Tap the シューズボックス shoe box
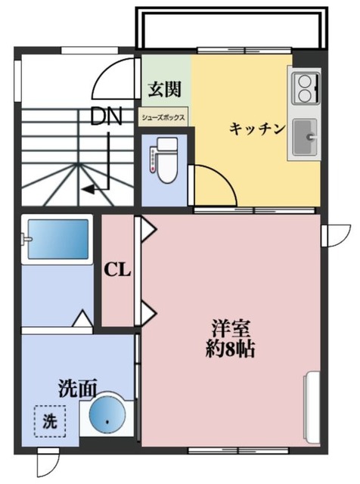[164, 118]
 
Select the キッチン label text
[257, 129]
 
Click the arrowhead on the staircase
[88, 189]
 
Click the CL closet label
[116, 269]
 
